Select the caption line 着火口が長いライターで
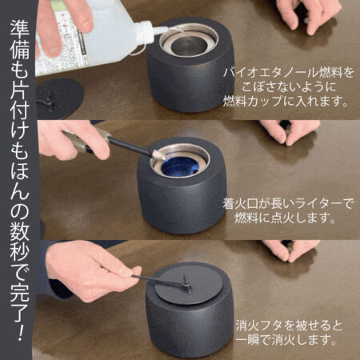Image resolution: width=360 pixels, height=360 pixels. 287,203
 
